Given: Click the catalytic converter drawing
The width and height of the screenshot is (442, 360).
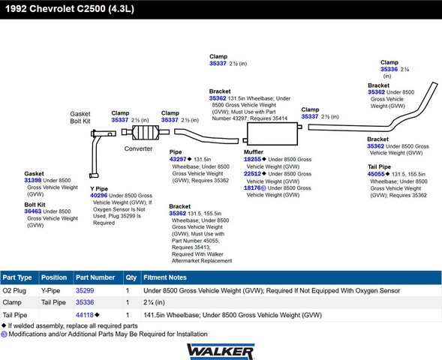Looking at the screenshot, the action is [x=146, y=132].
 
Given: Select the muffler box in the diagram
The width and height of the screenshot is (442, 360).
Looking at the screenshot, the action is [x=272, y=133].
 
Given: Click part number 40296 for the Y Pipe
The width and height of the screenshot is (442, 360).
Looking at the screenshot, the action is [x=98, y=196].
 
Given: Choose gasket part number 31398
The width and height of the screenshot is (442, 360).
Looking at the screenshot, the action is [x=33, y=180].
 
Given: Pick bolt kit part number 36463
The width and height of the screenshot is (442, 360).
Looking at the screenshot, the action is [x=33, y=211].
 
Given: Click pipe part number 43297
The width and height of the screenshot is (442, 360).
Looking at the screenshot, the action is [x=178, y=159].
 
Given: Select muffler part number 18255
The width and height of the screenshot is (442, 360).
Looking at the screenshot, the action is [x=252, y=159].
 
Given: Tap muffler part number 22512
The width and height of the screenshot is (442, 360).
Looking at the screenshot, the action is [x=252, y=174].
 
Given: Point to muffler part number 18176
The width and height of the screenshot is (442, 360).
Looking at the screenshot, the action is [x=252, y=188].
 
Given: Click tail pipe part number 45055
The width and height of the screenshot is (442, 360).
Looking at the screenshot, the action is [x=376, y=174].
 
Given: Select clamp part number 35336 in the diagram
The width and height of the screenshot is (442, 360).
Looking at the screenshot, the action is [x=389, y=69].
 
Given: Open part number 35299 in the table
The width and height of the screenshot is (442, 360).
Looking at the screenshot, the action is [x=85, y=291].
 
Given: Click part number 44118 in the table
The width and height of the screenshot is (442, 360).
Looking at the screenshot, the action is [x=85, y=315].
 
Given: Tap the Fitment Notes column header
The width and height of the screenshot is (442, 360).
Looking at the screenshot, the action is [x=165, y=277].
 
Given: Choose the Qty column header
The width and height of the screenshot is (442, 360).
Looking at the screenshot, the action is [x=131, y=277].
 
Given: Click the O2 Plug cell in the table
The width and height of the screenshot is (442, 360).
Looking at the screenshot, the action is [x=14, y=291].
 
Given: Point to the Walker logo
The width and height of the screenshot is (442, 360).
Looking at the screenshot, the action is [x=221, y=351].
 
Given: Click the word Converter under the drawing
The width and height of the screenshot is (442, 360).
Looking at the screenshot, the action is [x=138, y=148].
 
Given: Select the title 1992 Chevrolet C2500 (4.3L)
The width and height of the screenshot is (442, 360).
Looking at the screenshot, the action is [x=70, y=9].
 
